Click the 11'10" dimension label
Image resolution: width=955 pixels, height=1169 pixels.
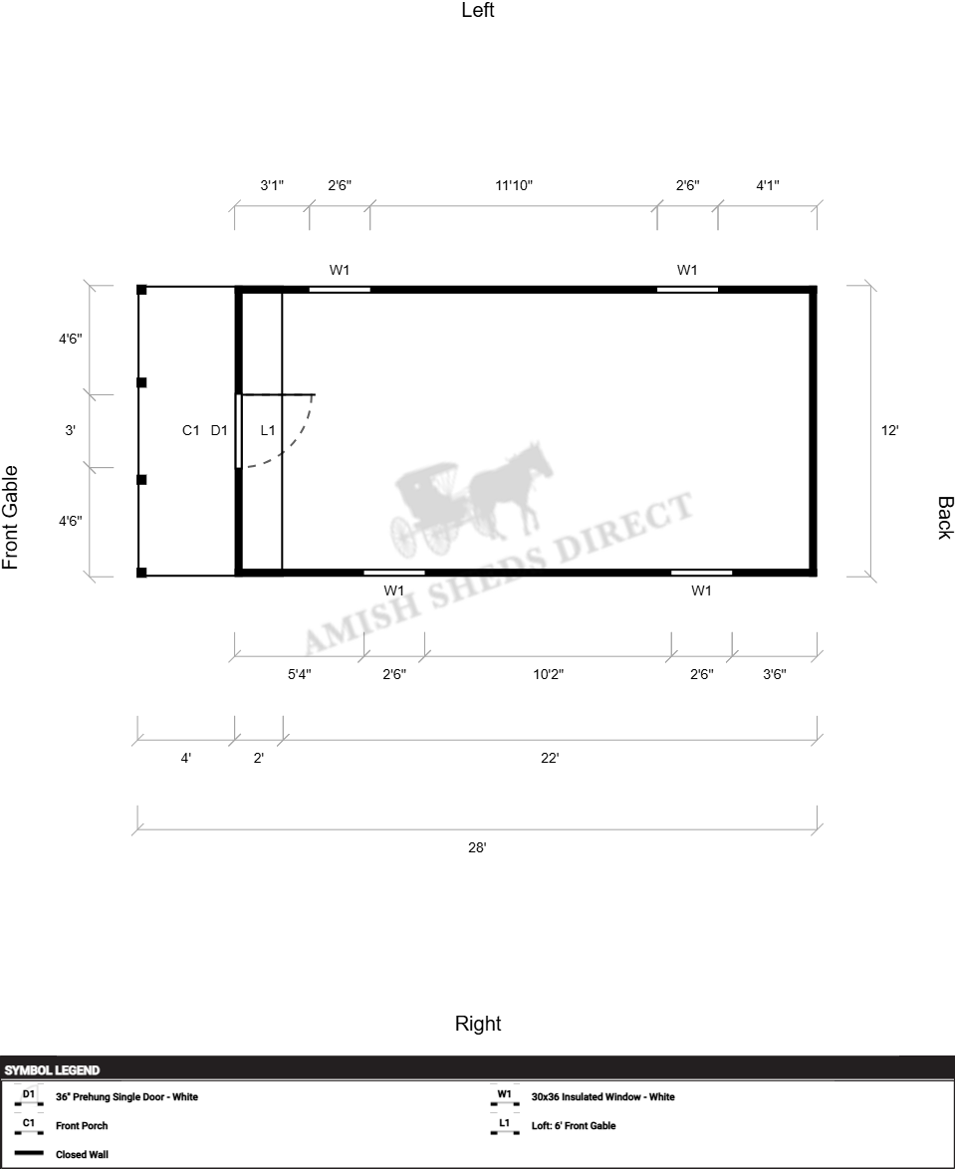pos(514,185)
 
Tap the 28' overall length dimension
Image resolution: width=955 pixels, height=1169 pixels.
pos(477,847)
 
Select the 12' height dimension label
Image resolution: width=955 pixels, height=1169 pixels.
pos(890,430)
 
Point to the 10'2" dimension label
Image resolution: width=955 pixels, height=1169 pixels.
pos(548,675)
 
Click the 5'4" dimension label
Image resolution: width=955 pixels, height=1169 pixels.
pos(300,675)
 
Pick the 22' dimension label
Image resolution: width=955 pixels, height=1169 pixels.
pos(550,758)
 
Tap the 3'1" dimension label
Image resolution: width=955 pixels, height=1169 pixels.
pos(272,185)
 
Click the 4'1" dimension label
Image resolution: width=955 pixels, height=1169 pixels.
pos(768,185)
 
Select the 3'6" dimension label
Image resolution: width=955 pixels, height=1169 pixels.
pos(775,675)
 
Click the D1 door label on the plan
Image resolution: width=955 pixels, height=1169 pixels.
pos(219,430)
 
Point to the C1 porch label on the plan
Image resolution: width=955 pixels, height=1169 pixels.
pos(191,430)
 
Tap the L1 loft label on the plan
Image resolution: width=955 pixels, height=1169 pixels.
pos(268,430)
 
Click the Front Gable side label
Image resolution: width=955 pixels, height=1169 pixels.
pos(10,518)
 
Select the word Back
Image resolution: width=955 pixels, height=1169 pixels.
pos(945,518)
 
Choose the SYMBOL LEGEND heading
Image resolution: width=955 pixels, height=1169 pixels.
pos(52,1070)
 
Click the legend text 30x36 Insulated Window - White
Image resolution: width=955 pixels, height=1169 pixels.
pos(603,1096)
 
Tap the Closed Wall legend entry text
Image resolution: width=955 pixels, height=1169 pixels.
pos(82,1154)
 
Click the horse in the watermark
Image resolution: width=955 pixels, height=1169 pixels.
pos(512,488)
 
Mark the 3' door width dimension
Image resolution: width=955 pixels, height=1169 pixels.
pos(70,430)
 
